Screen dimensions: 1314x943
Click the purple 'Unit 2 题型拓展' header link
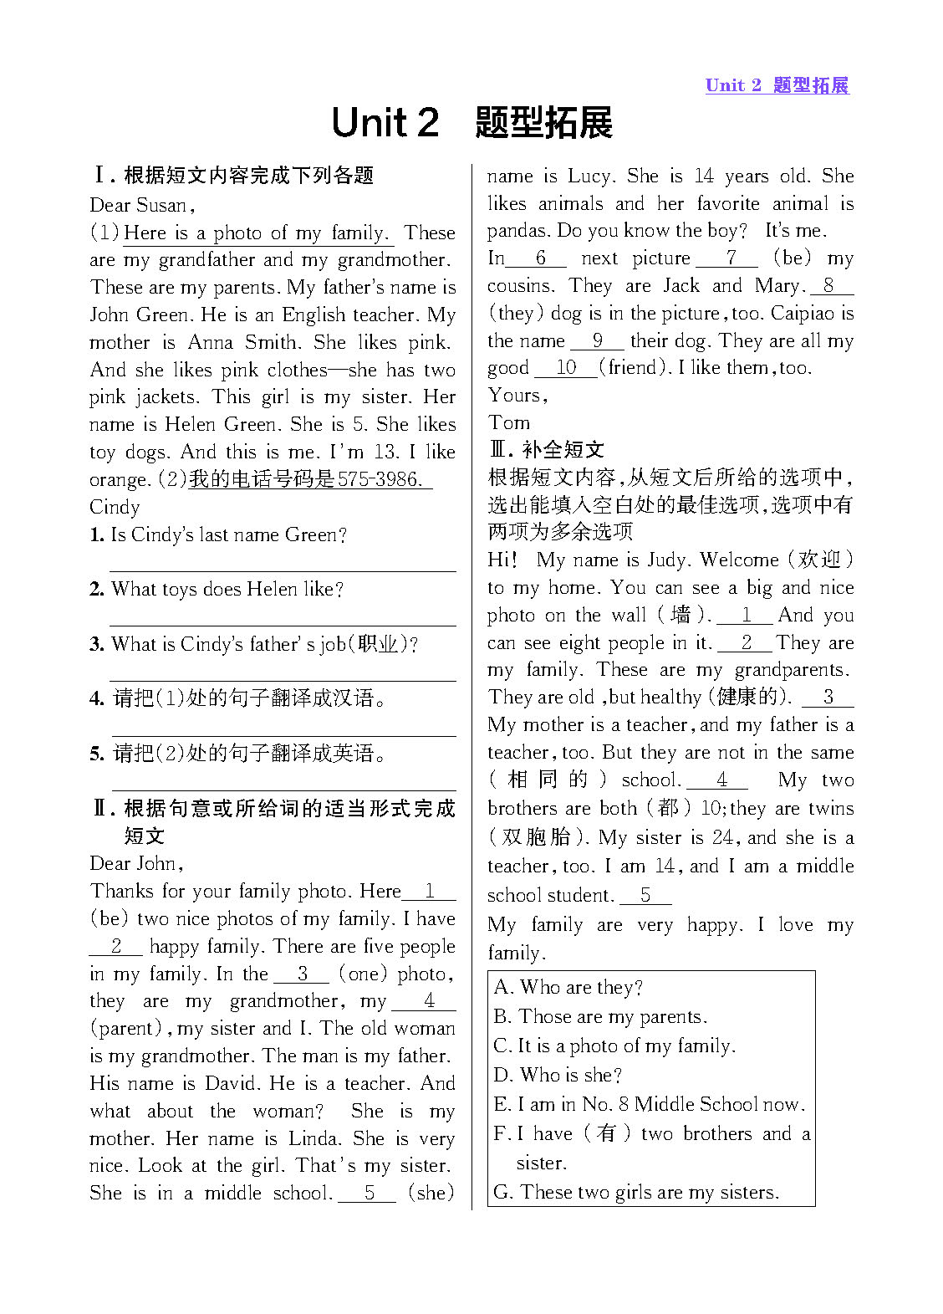pos(777,85)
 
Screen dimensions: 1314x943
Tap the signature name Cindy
pos(115,507)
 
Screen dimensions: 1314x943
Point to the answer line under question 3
pos(283,680)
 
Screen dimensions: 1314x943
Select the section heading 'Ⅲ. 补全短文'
pos(546,449)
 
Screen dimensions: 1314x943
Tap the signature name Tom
pos(508,422)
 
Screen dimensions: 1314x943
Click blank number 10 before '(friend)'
pos(566,368)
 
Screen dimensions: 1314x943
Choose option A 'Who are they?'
pos(568,988)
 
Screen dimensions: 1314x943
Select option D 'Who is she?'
pos(558,1075)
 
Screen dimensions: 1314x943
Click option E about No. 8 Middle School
pos(650,1104)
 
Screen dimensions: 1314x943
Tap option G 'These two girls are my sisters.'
pos(636,1192)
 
